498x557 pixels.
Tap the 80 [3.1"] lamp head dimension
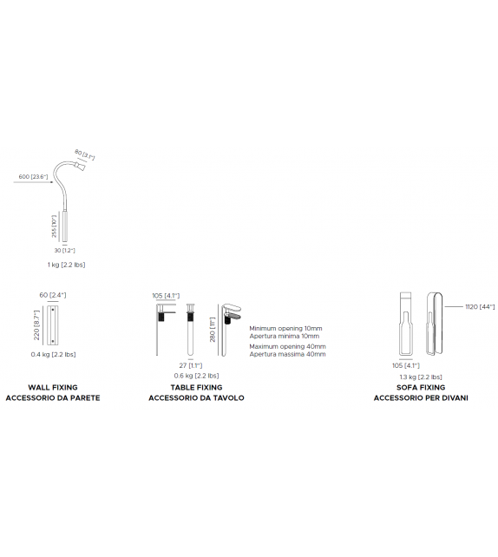(x=84, y=155)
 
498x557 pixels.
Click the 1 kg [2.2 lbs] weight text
(x=66, y=264)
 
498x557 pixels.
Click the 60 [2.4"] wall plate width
(x=53, y=295)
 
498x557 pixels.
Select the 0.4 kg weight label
(x=53, y=354)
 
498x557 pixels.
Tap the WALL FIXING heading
(x=52, y=387)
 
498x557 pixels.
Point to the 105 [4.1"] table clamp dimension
(x=165, y=296)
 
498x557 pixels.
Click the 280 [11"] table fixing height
(x=212, y=328)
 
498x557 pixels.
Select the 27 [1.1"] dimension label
(x=189, y=365)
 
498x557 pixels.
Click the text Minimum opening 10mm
(x=285, y=329)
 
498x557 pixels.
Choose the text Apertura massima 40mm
(x=287, y=354)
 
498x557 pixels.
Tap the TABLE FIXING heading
(x=196, y=387)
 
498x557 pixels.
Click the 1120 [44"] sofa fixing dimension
(x=479, y=306)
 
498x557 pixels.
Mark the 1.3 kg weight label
(x=421, y=377)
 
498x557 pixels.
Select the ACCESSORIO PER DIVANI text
(x=421, y=398)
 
